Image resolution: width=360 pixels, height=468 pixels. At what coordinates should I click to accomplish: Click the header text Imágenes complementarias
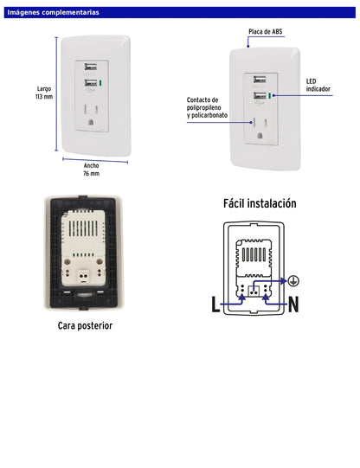[53, 13]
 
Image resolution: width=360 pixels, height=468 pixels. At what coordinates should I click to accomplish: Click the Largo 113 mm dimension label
[44, 93]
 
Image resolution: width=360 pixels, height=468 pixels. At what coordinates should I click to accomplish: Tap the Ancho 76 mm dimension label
[91, 169]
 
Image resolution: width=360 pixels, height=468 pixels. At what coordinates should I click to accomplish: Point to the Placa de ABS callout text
[265, 32]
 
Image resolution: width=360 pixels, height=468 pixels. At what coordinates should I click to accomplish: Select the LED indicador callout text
[317, 85]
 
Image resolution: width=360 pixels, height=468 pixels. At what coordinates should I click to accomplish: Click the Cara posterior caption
[85, 325]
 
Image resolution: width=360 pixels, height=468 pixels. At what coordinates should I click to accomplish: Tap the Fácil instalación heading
[260, 204]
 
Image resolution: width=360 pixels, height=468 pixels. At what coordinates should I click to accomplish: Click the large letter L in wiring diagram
[216, 304]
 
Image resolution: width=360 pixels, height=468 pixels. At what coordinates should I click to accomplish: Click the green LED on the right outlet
[270, 97]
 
